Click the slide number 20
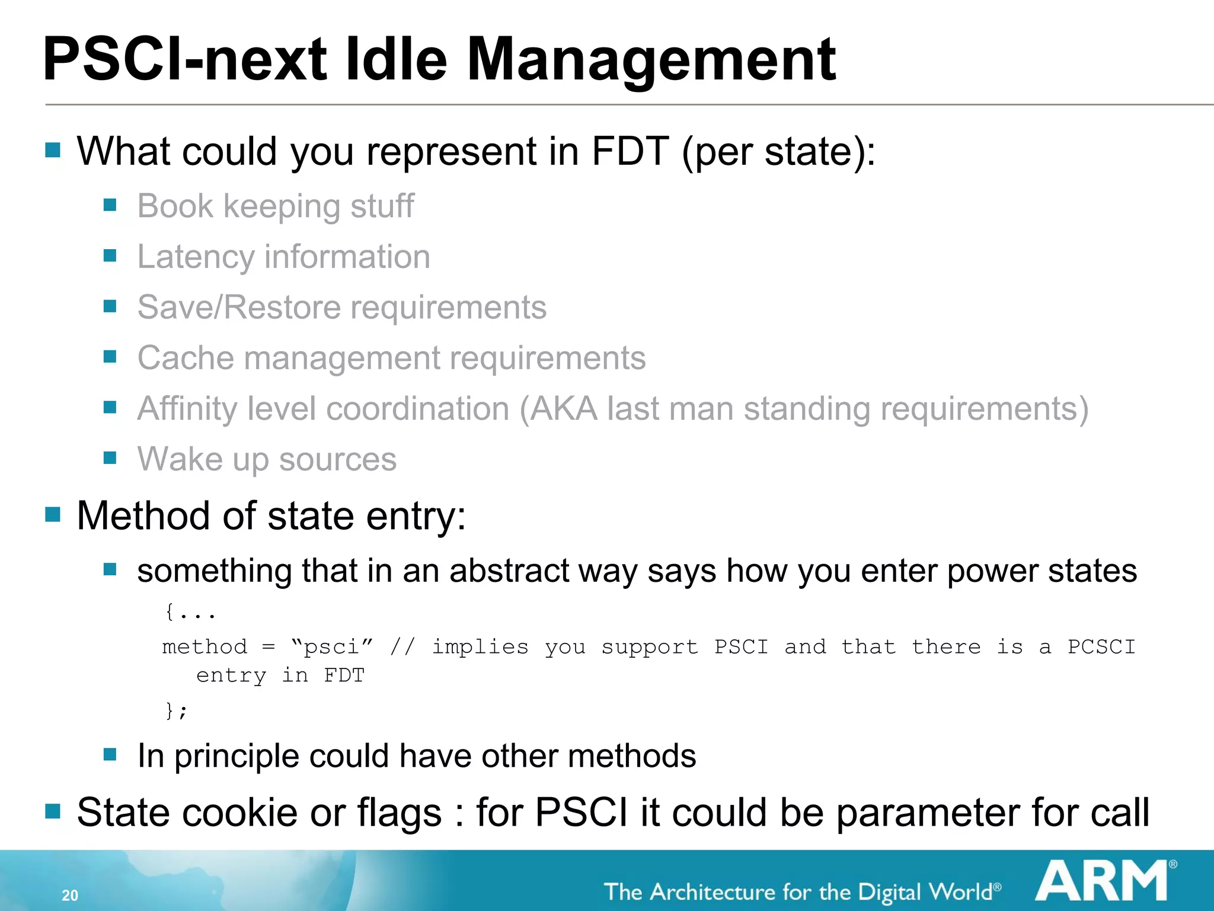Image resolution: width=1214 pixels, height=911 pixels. pos(70,895)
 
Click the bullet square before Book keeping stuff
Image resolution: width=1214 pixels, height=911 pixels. pos(110,205)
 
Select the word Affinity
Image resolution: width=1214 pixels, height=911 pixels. pos(187,409)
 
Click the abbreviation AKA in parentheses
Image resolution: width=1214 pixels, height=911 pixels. pos(563,409)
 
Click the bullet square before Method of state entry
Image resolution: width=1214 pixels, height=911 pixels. pos(53,514)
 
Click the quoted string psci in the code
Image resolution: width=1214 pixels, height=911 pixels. pos(332,646)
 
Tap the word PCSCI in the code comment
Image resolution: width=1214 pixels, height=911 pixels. pos(1101,646)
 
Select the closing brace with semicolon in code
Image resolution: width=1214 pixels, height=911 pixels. pos(176,710)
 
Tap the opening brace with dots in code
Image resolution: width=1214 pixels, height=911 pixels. pos(190,612)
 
